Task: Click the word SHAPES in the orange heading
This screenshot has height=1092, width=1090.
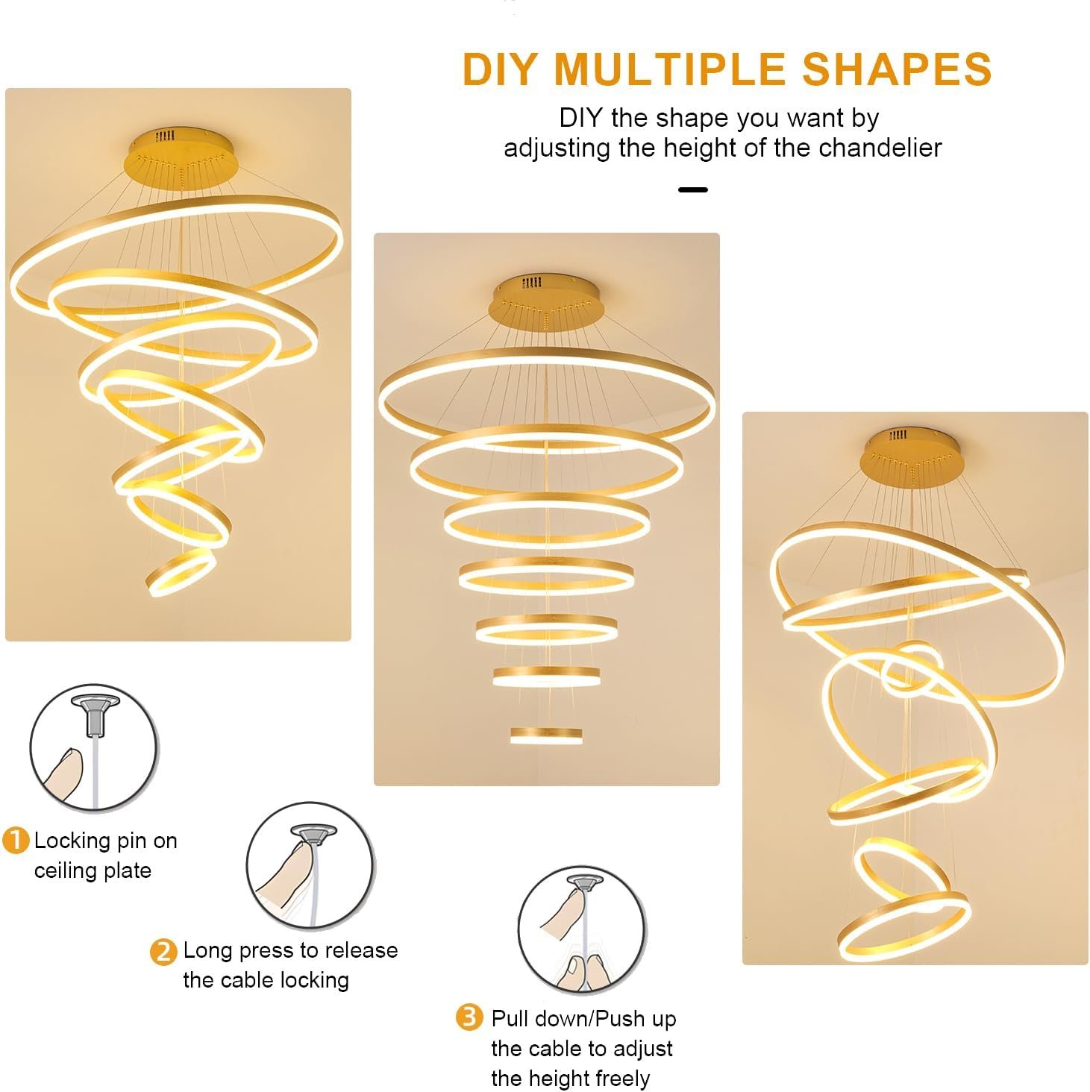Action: tap(896, 69)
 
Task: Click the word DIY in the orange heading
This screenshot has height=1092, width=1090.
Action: tap(499, 69)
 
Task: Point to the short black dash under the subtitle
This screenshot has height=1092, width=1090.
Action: tap(692, 190)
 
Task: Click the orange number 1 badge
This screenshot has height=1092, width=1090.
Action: tap(16, 840)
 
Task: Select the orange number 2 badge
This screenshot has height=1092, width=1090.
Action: tap(163, 952)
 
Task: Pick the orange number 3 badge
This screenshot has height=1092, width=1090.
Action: tap(469, 1017)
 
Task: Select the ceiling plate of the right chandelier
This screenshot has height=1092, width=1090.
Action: tap(911, 456)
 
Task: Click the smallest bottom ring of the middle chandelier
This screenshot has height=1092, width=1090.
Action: tap(546, 736)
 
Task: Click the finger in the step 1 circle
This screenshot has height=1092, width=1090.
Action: tap(64, 775)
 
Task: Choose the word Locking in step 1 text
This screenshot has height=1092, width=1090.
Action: tap(72, 841)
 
